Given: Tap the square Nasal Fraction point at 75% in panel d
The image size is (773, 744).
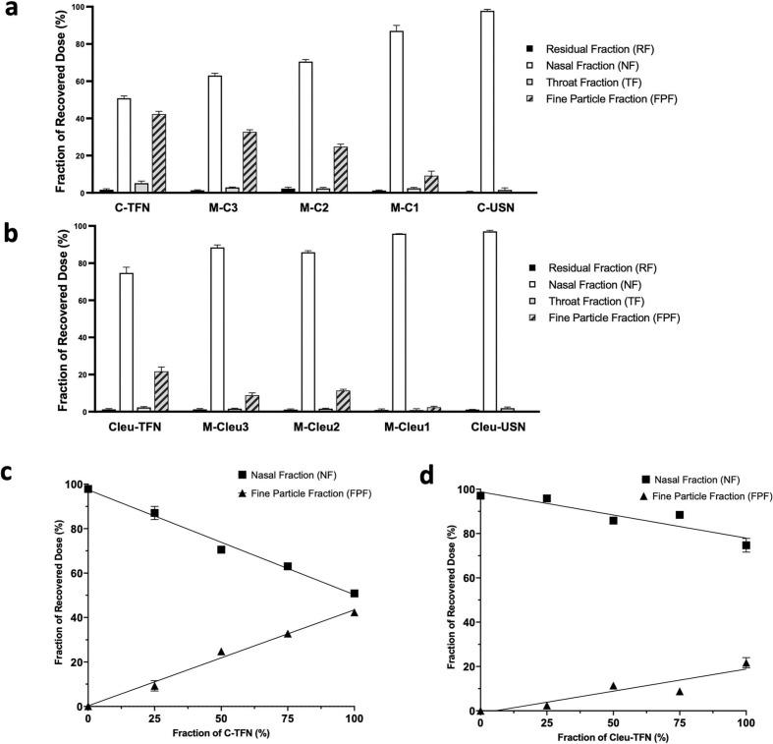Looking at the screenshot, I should (x=679, y=515).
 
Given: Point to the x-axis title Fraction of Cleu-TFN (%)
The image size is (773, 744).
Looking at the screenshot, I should (x=613, y=736).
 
